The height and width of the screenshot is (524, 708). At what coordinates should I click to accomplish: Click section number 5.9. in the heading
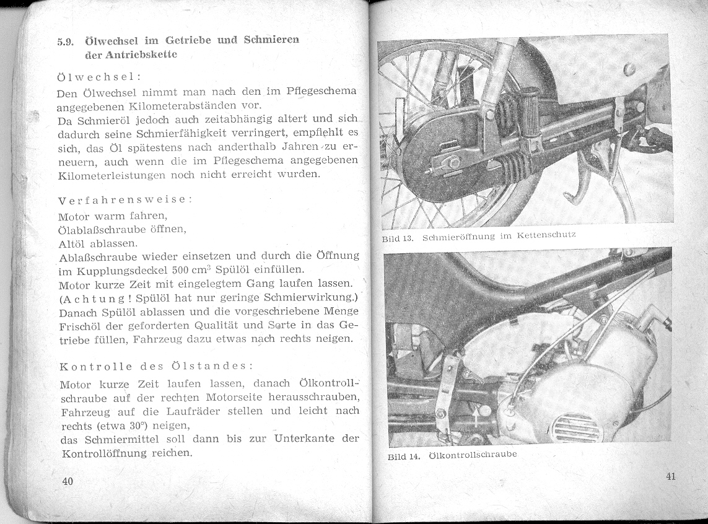click(66, 43)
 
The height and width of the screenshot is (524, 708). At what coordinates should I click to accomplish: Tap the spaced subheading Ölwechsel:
click(99, 77)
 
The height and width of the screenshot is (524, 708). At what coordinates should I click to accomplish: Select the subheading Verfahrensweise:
click(125, 201)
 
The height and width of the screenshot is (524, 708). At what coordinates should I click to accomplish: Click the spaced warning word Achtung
click(90, 299)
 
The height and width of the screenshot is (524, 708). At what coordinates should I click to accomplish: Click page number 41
click(671, 476)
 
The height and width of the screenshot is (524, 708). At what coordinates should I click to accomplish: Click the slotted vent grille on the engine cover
click(576, 427)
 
